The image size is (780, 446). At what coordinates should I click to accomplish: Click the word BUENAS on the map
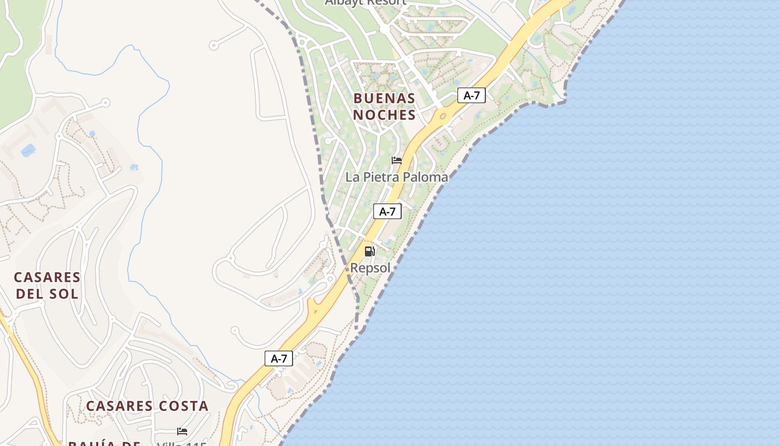point(384,99)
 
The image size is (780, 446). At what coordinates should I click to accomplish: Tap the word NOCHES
point(384,115)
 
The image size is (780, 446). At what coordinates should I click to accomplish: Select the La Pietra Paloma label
point(397,177)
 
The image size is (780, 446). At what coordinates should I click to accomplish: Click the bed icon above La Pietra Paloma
point(397,161)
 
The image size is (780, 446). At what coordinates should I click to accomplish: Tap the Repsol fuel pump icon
point(369,251)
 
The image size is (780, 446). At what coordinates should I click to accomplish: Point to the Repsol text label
point(370,268)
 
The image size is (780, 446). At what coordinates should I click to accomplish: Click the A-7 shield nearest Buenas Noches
point(471,95)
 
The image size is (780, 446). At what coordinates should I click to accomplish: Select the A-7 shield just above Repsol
point(387,211)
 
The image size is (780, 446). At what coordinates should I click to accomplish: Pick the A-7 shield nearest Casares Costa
point(279,358)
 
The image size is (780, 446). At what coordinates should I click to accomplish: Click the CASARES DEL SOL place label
point(47,285)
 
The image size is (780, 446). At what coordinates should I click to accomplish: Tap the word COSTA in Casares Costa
point(183,406)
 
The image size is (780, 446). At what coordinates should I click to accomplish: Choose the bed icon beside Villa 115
point(182,431)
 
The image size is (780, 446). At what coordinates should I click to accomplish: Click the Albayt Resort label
point(365,2)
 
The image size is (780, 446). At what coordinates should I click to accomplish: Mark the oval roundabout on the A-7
point(443,117)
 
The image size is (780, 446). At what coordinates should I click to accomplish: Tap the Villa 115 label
point(182,444)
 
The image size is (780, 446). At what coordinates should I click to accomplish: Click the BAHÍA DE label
point(104,444)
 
